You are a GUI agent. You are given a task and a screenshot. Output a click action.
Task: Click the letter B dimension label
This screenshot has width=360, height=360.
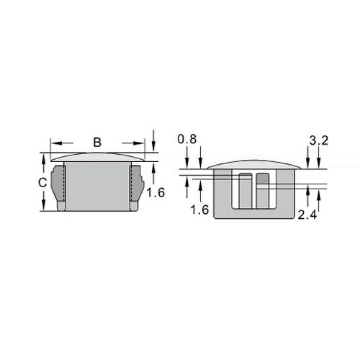(x=97, y=142)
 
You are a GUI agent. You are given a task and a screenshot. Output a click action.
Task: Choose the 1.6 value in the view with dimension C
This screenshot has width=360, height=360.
(x=155, y=193)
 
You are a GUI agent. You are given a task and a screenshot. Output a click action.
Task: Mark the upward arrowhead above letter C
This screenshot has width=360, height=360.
(x=43, y=161)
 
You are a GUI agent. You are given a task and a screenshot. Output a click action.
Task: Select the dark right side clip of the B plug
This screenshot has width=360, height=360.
(x=134, y=184)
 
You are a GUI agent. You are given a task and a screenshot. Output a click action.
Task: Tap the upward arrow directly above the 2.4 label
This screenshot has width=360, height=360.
(x=309, y=194)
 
